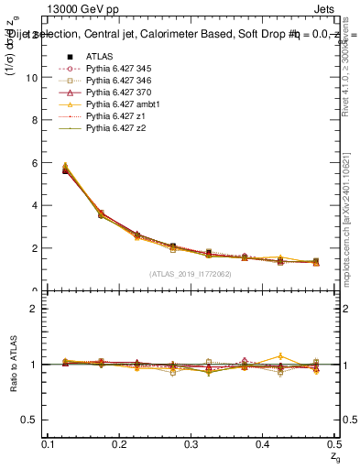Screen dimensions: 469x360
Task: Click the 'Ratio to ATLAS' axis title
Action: tap(12, 365)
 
